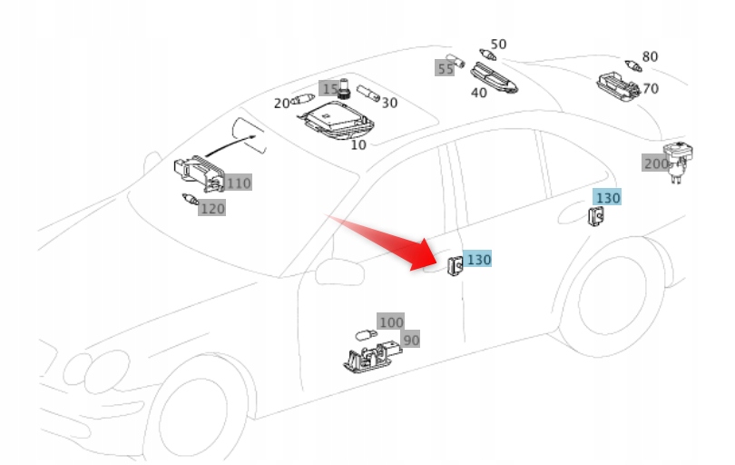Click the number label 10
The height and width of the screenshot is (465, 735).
[358, 144]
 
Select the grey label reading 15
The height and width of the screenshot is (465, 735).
[329, 89]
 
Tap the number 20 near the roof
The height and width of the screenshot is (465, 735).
[281, 104]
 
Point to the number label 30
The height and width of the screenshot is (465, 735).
[389, 103]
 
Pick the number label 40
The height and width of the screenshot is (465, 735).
[478, 92]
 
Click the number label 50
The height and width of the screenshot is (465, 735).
[498, 44]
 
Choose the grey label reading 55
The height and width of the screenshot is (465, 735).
[445, 68]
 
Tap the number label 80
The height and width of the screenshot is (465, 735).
[650, 56]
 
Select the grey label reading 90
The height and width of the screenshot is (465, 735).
[411, 340]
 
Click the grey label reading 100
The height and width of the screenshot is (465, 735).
[391, 322]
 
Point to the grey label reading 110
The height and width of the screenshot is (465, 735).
[238, 183]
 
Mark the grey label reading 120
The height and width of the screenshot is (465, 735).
[212, 209]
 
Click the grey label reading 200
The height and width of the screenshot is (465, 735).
[655, 163]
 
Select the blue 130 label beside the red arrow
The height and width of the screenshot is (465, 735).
[478, 260]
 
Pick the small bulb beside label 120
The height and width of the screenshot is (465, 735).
[190, 199]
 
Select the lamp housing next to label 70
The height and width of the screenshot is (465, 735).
[619, 84]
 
